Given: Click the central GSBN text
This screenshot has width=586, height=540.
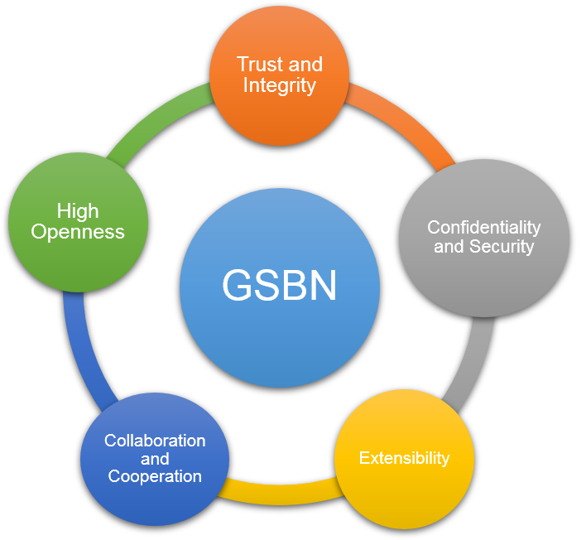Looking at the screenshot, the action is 280,285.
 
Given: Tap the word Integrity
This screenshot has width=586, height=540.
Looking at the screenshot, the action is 280,85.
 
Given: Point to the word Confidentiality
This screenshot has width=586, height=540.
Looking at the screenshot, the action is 484,228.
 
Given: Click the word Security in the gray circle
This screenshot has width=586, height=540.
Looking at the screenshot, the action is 502,247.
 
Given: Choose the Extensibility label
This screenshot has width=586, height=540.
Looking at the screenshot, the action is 404,458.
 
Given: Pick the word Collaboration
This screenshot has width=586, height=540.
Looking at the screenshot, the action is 155,441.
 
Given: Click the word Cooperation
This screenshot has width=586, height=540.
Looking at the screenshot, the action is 155,476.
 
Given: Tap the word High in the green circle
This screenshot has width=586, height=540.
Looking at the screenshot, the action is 78,212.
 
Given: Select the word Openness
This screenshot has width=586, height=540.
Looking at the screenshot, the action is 78,232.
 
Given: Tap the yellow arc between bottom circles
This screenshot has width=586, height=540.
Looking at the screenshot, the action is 281,493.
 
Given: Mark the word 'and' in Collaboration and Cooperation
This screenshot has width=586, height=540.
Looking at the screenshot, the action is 155,459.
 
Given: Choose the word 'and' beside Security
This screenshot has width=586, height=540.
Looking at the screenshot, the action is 449,247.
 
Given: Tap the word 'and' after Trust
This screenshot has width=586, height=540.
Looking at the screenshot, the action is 305,65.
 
